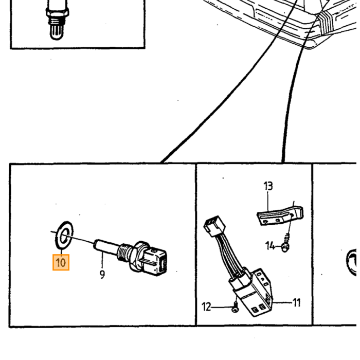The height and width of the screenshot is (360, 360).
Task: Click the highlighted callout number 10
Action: click(61, 262)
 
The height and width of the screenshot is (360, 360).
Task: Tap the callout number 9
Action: click(102, 274)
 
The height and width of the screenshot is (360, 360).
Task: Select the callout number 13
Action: click(268, 186)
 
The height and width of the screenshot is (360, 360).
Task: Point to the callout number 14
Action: click(270, 246)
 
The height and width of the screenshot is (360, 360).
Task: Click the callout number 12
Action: click(206, 307)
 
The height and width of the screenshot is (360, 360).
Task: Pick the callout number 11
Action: click(297, 302)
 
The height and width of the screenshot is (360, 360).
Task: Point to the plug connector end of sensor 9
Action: click(155, 261)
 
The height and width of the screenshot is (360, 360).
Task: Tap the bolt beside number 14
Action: click(285, 247)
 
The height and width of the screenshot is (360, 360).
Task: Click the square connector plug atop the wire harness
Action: click(214, 226)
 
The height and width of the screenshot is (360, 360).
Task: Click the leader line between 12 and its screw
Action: click(222, 307)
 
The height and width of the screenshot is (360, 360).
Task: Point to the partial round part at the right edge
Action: click(351, 262)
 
